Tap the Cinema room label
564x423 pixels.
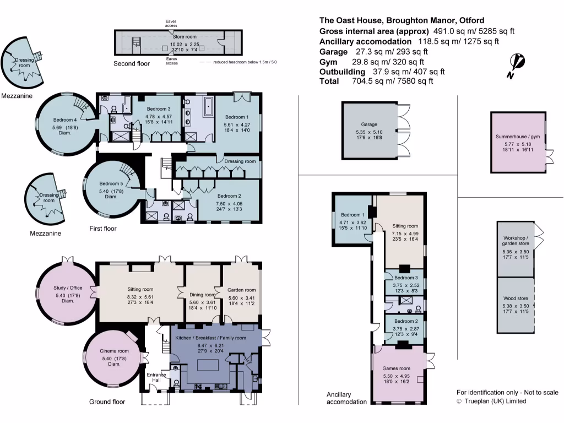[114, 351]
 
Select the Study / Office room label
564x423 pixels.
[68, 287]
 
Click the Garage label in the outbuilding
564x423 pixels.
[369, 125]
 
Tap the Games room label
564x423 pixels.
[397, 368]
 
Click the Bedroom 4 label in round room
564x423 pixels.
[65, 120]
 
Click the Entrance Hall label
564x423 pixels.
[156, 378]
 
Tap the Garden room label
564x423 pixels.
[242, 290]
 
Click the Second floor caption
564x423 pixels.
[132, 64]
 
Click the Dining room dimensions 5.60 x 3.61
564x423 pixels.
[203, 302]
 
